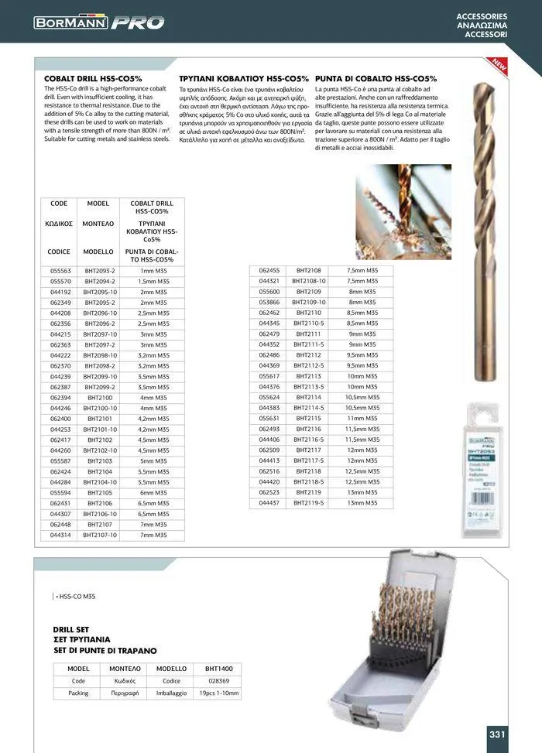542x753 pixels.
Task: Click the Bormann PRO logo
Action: point(99,22)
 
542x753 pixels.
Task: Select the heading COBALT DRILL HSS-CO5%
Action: point(93,79)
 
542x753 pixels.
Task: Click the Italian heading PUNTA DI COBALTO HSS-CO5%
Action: point(376,79)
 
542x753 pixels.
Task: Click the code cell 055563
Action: point(60,272)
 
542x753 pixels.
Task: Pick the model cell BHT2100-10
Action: point(101,408)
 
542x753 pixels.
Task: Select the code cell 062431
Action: point(60,503)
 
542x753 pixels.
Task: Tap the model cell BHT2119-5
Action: point(310,503)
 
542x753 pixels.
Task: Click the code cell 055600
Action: point(269,292)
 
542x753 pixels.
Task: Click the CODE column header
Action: point(59,204)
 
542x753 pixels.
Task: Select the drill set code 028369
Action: point(218,681)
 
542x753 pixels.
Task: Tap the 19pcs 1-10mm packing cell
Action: point(218,693)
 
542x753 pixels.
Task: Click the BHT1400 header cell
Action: point(218,668)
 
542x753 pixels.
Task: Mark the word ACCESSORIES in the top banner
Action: point(482,16)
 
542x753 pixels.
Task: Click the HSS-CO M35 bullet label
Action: point(75,596)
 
